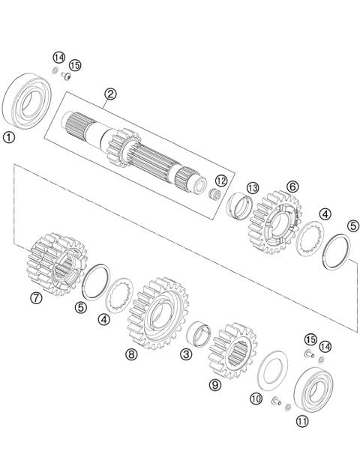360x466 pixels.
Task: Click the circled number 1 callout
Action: pyautogui.click(x=9, y=137)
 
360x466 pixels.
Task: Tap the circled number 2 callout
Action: pyautogui.click(x=110, y=94)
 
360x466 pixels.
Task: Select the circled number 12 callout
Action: pyautogui.click(x=220, y=181)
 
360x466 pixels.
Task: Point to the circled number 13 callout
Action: pyautogui.click(x=253, y=187)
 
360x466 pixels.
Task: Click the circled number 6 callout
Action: pyautogui.click(x=292, y=186)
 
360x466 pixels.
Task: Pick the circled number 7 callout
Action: pyautogui.click(x=36, y=297)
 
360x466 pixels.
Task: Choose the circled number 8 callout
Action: pyautogui.click(x=131, y=354)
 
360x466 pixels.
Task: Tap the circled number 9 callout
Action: pyautogui.click(x=215, y=386)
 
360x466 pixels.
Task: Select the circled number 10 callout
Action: pyautogui.click(x=256, y=399)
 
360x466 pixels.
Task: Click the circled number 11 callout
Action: pyautogui.click(x=302, y=421)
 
